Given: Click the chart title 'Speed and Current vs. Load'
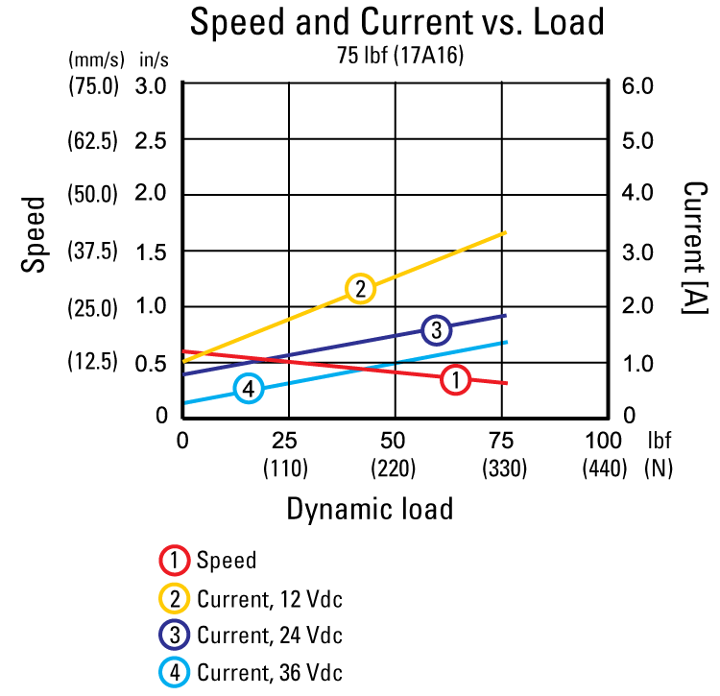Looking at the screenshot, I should pyautogui.click(x=397, y=21).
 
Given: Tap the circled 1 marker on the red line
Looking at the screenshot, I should pyautogui.click(x=455, y=380).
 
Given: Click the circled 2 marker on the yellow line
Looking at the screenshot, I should pyautogui.click(x=360, y=288).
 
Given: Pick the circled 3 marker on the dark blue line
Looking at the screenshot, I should pyautogui.click(x=436, y=330).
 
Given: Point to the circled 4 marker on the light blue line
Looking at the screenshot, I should pyautogui.click(x=248, y=389).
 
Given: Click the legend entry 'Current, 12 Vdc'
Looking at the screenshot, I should pyautogui.click(x=269, y=599).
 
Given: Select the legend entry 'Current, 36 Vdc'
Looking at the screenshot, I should pyautogui.click(x=269, y=671).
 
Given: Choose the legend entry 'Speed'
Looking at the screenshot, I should pyautogui.click(x=227, y=562).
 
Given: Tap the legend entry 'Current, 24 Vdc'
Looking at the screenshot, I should pyautogui.click(x=269, y=636).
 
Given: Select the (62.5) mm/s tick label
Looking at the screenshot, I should pyautogui.click(x=92, y=141).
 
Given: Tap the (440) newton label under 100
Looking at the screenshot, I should pyautogui.click(x=605, y=468).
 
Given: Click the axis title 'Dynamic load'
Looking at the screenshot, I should pyautogui.click(x=370, y=509).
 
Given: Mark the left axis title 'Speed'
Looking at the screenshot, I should pyautogui.click(x=35, y=235).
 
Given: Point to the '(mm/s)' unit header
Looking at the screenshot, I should pyautogui.click(x=92, y=60).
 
